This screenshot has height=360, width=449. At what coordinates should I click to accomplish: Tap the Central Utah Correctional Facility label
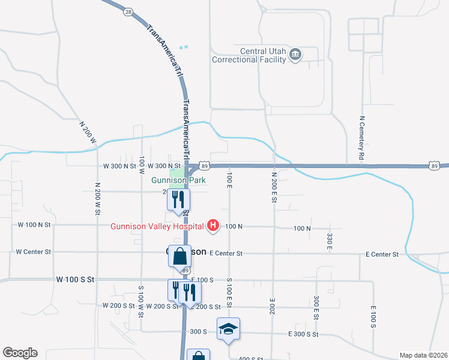point(248,55)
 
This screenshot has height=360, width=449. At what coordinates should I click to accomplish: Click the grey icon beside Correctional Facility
point(295,55)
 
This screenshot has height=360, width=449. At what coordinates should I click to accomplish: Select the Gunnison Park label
point(178,180)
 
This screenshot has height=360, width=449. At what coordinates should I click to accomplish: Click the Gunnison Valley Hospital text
point(157,226)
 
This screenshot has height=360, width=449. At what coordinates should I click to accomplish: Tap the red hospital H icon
point(212,226)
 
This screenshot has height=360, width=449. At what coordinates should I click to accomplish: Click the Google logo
point(20,353)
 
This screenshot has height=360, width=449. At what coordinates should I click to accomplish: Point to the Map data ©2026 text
point(423,355)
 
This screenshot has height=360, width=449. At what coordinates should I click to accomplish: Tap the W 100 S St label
point(75,280)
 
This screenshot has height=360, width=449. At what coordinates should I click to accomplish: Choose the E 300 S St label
point(303,334)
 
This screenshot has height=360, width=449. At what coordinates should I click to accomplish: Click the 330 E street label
point(330,240)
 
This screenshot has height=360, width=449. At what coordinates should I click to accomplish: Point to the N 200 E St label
point(274,185)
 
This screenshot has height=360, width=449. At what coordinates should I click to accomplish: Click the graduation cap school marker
point(228,329)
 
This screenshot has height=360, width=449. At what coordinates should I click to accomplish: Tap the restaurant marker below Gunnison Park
point(178,199)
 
